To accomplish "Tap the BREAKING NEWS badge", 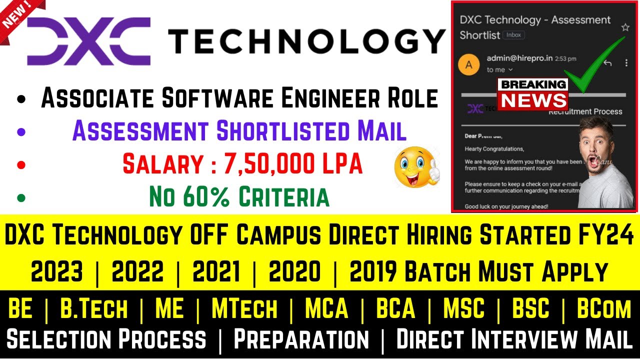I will (533, 94).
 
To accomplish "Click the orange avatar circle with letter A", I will (468, 64).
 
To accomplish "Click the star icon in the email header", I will (625, 27).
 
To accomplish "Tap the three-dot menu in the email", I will (626, 63).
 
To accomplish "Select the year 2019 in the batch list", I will (372, 272).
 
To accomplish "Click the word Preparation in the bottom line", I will (301, 339).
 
